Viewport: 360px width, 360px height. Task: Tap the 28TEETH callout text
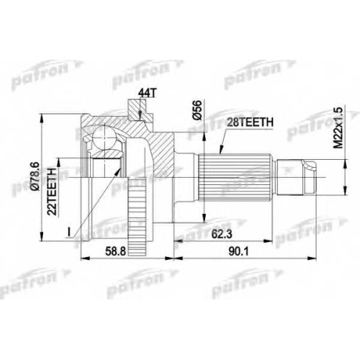(x=250, y=122)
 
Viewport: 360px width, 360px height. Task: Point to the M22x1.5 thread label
(x=338, y=127)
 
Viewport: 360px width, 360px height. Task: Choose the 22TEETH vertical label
(x=52, y=188)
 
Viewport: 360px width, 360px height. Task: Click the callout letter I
(x=69, y=232)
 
